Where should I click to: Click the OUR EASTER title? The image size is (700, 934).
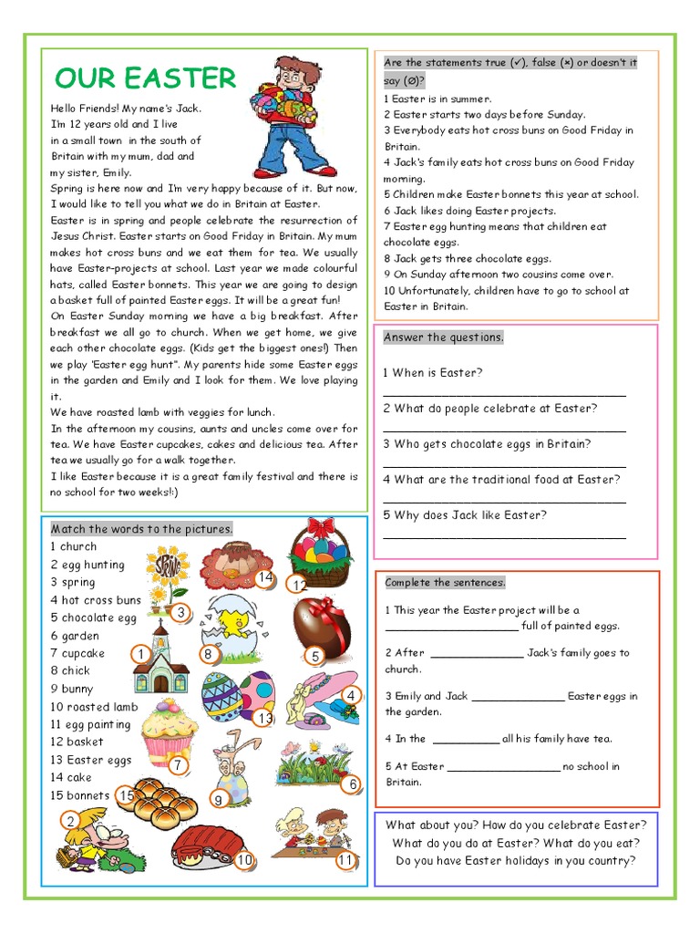(x=146, y=78)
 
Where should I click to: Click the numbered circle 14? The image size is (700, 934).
(x=265, y=577)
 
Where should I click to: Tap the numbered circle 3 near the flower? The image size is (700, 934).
(x=181, y=613)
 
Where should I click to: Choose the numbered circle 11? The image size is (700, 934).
(x=345, y=860)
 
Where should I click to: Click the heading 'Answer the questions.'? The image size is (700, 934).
(x=443, y=337)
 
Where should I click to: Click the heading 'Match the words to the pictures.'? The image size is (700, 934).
(x=141, y=529)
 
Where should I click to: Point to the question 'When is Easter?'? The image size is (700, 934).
(x=433, y=373)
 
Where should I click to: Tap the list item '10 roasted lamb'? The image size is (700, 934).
(x=94, y=707)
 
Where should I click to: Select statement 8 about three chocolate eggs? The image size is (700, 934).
(x=467, y=259)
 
